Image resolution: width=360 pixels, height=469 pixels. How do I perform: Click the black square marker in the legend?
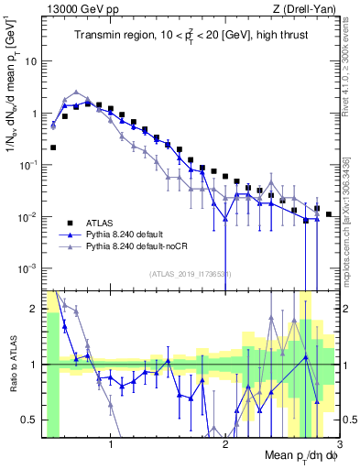click(x=64, y=222)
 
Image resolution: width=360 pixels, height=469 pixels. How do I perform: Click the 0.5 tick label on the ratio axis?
click(x=30, y=420)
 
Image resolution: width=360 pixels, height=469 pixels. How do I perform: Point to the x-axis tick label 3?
click(x=339, y=446)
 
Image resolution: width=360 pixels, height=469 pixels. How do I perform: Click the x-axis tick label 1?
click(x=111, y=446)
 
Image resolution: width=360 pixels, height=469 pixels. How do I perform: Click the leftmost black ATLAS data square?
click(x=53, y=147)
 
